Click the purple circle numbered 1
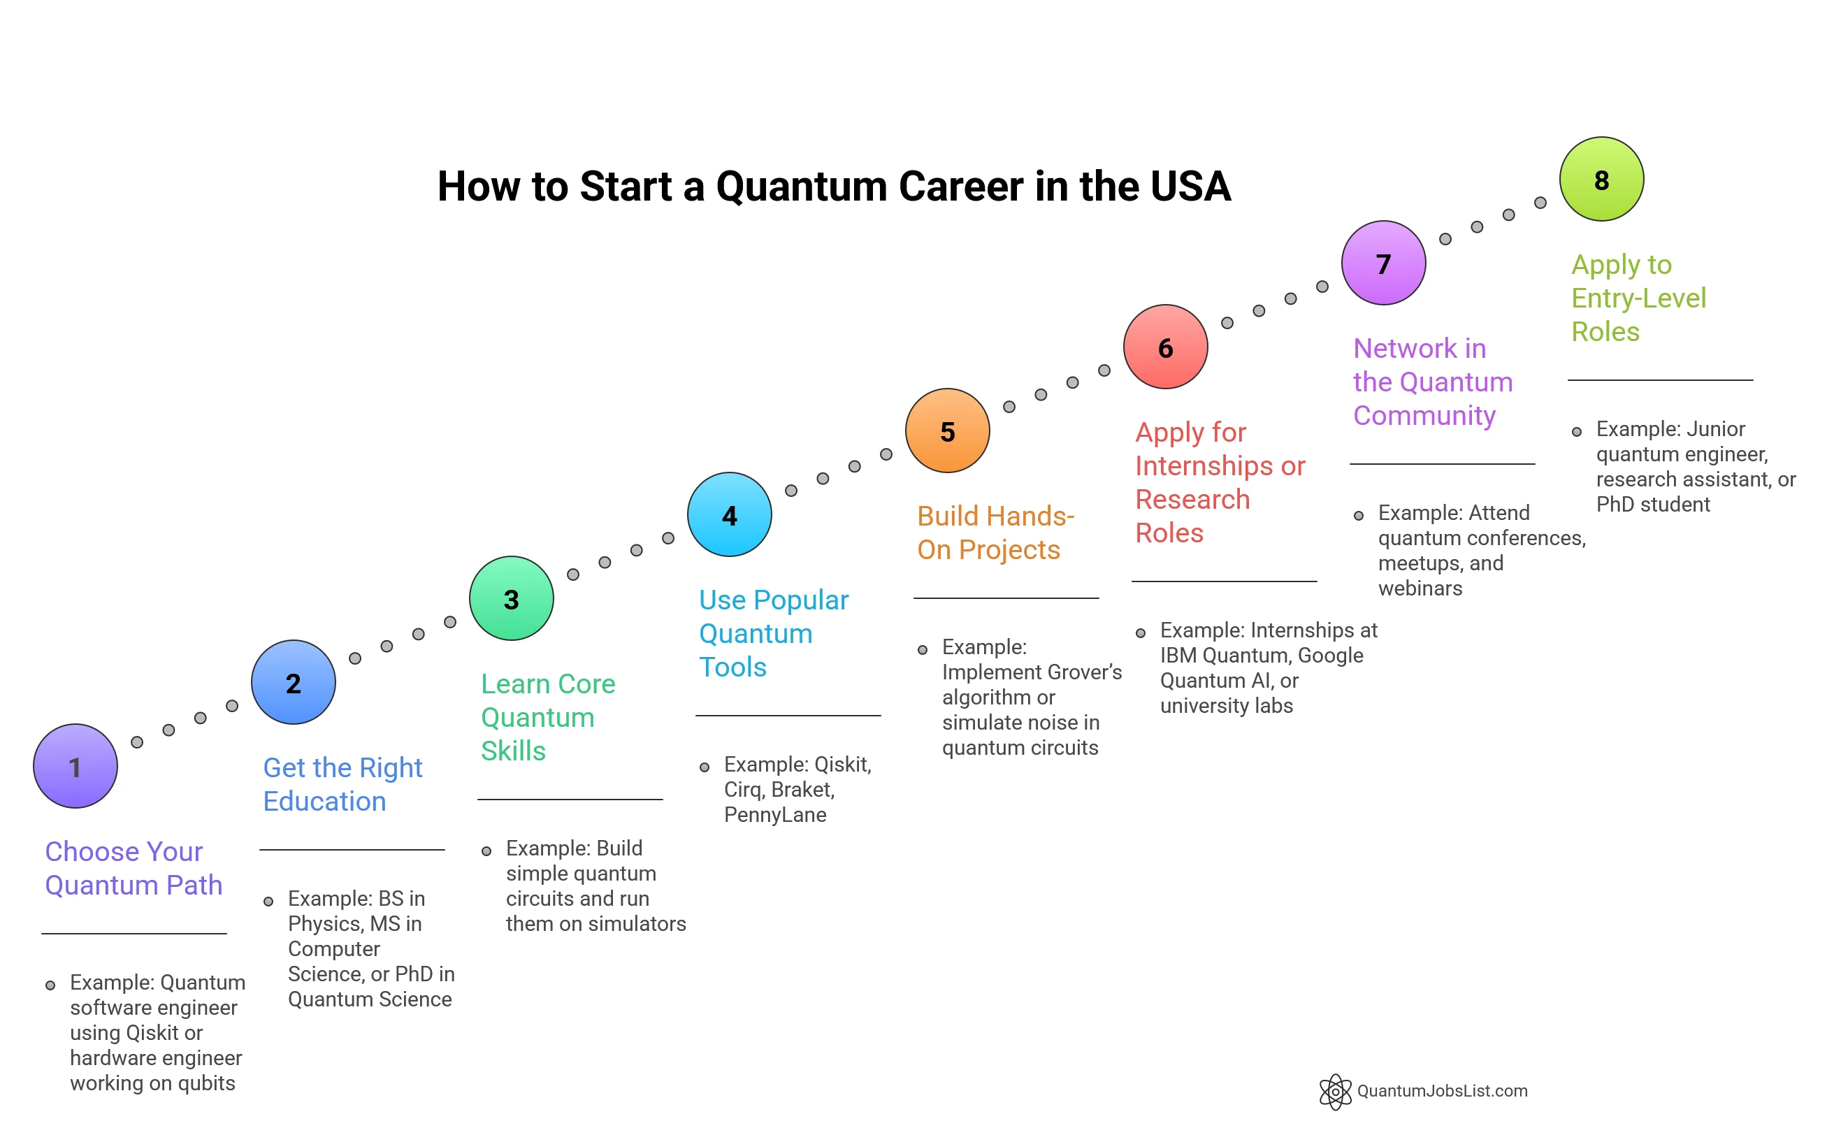pos(75,766)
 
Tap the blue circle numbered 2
pos(293,682)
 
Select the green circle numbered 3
pos(512,598)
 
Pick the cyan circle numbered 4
pos(729,514)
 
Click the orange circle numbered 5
pos(947,431)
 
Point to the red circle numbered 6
pos(1166,347)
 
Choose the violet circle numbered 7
pos(1383,263)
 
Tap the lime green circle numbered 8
pos(1601,179)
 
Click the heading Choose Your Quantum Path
pos(133,868)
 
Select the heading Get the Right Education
pos(342,784)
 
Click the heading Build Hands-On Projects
pos(995,533)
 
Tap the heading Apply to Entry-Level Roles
pos(1638,298)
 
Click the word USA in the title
pos(1191,187)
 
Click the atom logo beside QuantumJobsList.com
pos(1335,1092)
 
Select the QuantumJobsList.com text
pos(1442,1091)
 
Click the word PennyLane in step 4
pos(775,814)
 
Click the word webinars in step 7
pos(1420,588)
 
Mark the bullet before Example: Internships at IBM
pos(1141,633)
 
